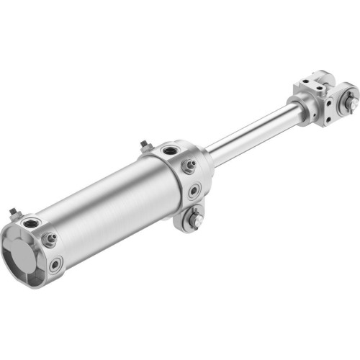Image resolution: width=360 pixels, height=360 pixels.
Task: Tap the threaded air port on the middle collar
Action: point(171,151)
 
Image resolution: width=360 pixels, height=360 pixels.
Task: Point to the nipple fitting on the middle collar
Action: point(189,166)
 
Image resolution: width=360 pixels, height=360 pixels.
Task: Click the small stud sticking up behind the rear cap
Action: point(13,213)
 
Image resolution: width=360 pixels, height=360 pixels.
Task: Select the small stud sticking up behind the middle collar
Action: point(145,146)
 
